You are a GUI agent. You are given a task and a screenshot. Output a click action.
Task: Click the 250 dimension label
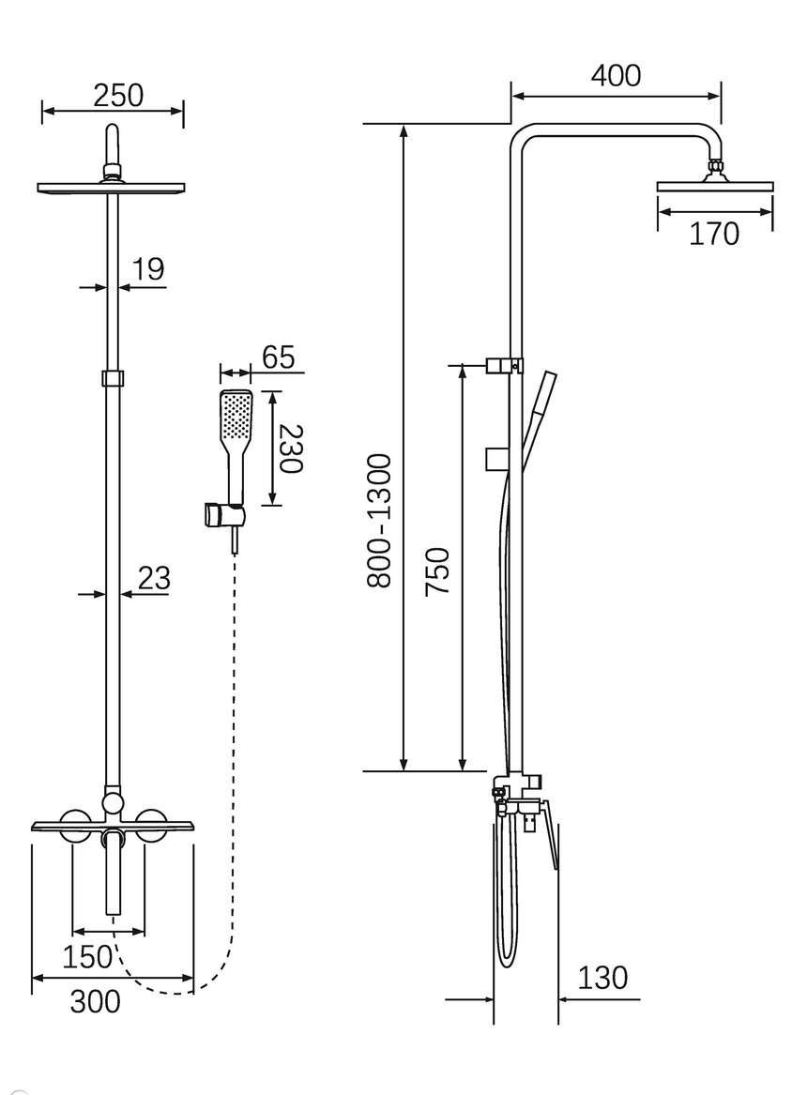118,96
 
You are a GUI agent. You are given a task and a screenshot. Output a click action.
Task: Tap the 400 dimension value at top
616,75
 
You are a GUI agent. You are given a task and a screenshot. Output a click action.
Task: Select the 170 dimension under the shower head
714,234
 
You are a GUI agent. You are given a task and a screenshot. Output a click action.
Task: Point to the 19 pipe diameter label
148,268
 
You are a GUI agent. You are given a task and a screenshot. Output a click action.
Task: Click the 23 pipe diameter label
154,578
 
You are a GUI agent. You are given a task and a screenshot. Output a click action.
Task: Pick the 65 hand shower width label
279,357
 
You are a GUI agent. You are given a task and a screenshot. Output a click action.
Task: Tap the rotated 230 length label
289,449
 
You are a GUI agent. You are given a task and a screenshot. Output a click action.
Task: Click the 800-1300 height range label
381,520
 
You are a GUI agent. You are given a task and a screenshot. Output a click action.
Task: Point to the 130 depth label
602,978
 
